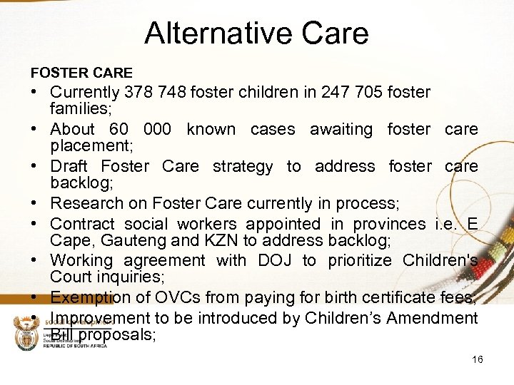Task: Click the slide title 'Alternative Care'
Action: coord(256,34)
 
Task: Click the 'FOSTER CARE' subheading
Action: coord(81,73)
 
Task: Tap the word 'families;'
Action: coord(79,109)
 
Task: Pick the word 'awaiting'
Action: coord(341,129)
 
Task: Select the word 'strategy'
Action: coord(243,166)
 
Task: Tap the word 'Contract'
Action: coord(81,225)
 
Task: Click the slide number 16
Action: coord(478,359)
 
